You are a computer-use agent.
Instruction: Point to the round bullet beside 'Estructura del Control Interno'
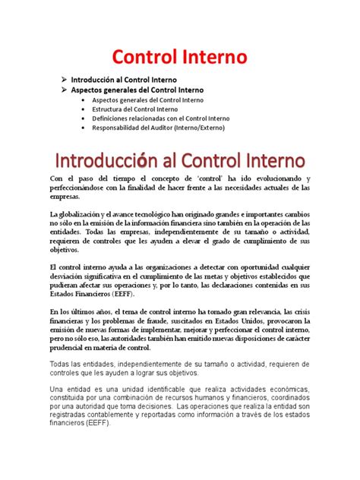[83, 109]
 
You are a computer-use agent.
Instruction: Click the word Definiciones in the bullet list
[110, 118]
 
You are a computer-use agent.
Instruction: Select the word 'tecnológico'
[172, 215]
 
